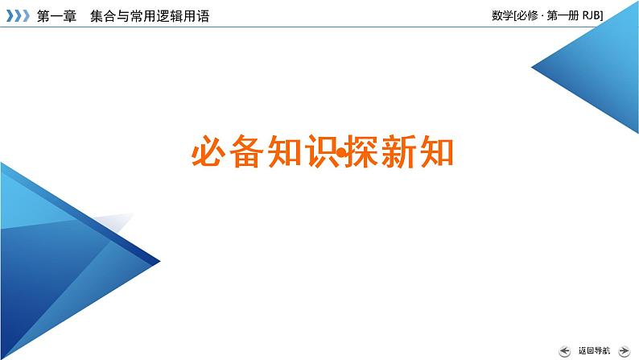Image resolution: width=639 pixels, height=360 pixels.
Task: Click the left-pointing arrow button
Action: (x=563, y=350)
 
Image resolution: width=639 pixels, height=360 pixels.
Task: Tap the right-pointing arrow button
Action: (x=625, y=350)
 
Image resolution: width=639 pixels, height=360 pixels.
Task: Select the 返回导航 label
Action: (x=594, y=350)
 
